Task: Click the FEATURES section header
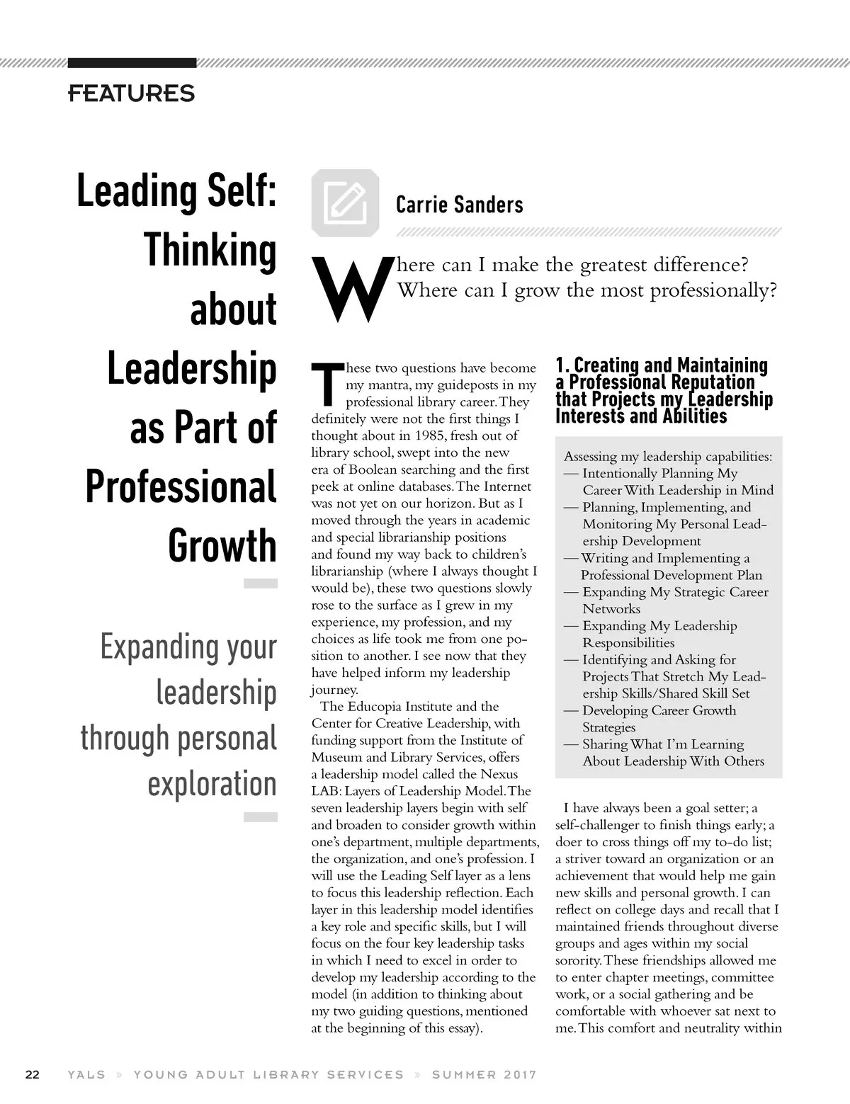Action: (x=131, y=93)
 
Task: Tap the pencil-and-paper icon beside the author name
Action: (x=345, y=203)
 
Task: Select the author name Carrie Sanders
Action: (x=459, y=205)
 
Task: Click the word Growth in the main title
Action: (x=222, y=545)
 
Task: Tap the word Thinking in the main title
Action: (x=210, y=250)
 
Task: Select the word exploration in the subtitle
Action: (x=212, y=783)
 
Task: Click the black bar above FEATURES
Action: (x=132, y=63)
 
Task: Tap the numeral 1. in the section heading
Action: (x=562, y=366)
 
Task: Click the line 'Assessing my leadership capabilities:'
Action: (x=668, y=457)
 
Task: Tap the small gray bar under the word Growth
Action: (x=260, y=584)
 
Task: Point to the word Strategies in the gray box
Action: (x=608, y=727)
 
